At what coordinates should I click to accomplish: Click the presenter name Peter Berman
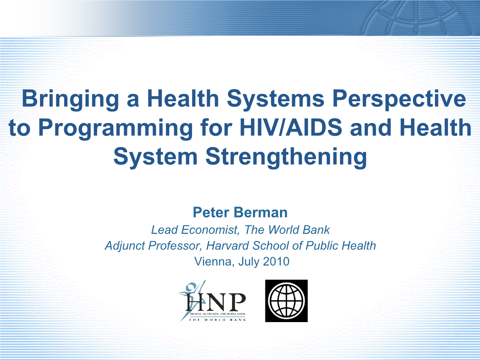click(240, 212)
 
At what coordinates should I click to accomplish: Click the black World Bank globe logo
click(286, 300)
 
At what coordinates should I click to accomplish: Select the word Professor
click(174, 245)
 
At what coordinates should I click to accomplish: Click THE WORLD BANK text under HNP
click(217, 320)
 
